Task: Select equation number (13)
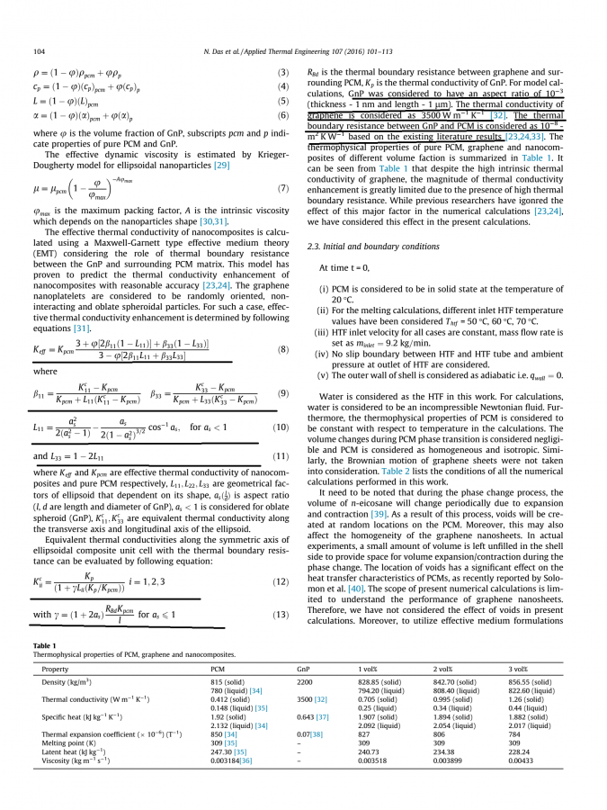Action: coord(281,589)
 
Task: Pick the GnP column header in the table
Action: coord(303,670)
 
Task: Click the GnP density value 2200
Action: coord(305,682)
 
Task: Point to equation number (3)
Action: coord(282,72)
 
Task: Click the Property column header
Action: coord(55,670)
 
